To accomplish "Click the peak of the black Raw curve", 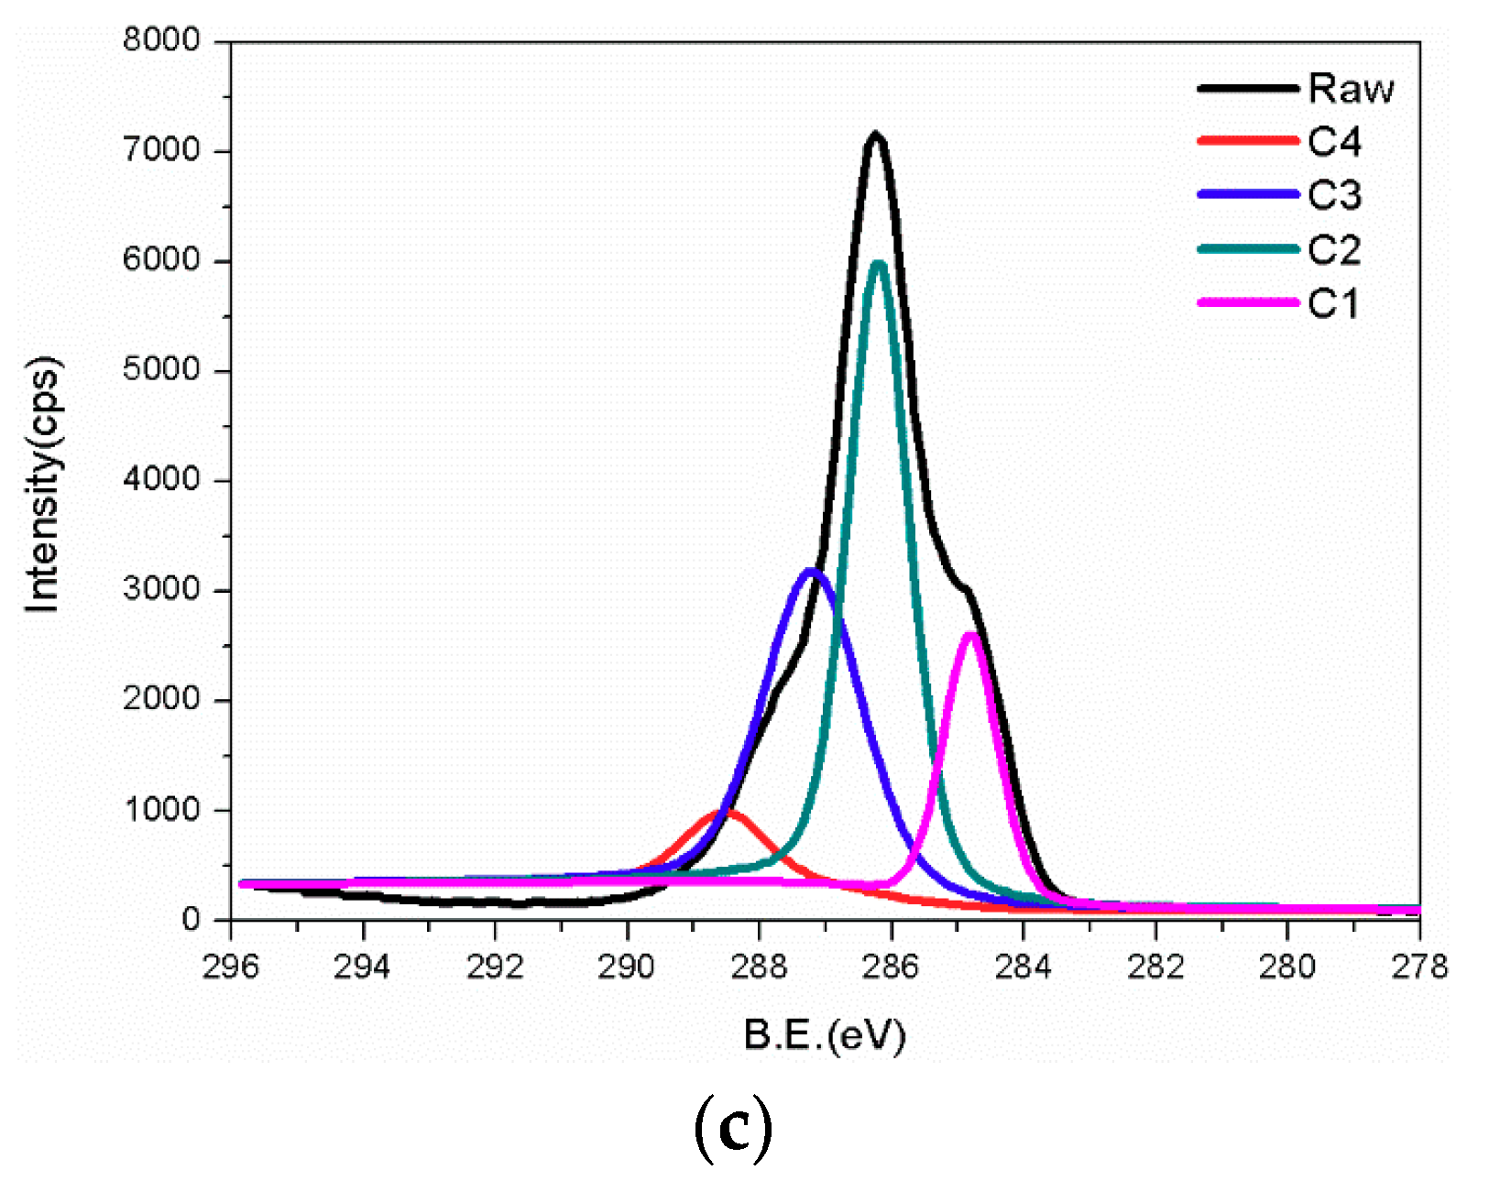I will point(875,136).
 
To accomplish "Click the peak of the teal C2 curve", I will point(879,265).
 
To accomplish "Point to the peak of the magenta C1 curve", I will point(971,635).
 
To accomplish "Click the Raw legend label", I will point(1351,89).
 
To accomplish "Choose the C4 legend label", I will point(1334,142).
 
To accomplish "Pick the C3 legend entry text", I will point(1334,195).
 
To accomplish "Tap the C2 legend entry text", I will point(1334,249).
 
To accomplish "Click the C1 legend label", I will point(1333,303).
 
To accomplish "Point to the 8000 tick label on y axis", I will point(161,40).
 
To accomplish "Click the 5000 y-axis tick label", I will point(161,370).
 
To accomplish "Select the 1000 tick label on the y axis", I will point(161,810).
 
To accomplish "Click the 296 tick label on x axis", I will point(231,966).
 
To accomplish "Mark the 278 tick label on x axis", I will point(1418,966).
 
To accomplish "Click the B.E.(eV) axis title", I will point(825,1035).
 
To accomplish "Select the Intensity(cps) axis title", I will point(43,483).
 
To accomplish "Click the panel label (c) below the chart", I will point(733,1130).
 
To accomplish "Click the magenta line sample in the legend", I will point(1248,302).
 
